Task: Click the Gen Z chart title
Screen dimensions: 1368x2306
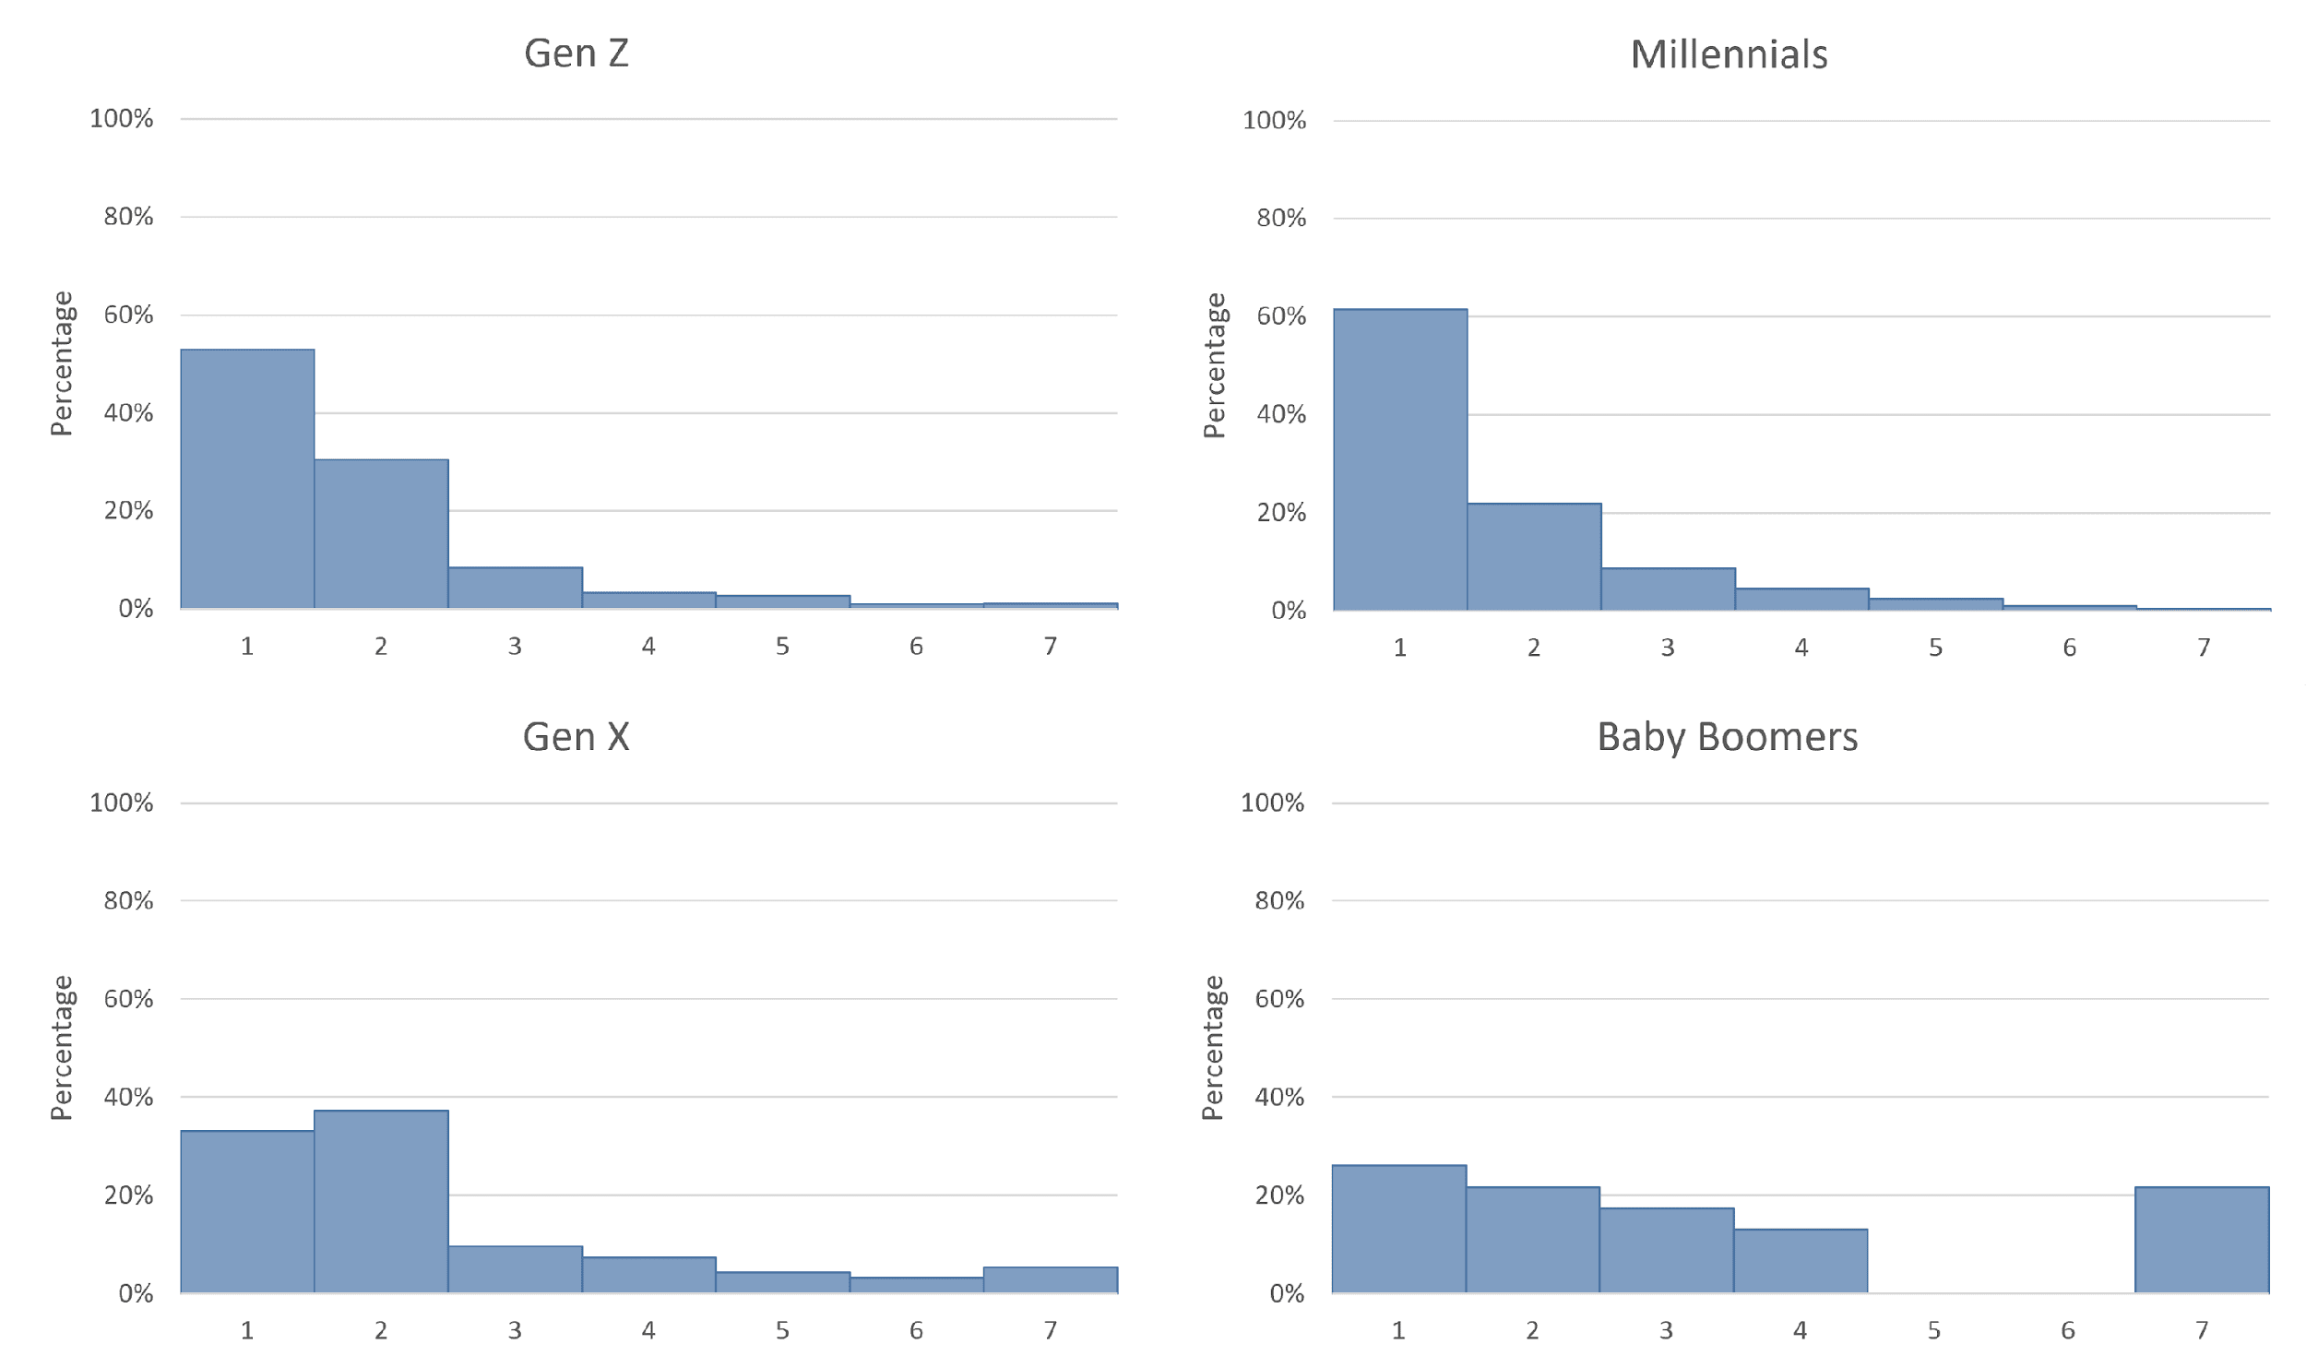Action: click(x=576, y=54)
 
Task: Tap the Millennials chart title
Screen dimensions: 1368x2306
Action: click(x=1729, y=54)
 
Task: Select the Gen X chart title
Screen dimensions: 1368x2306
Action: click(x=576, y=737)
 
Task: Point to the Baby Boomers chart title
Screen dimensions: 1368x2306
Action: click(x=1727, y=737)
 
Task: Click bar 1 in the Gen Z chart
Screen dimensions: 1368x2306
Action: click(x=247, y=480)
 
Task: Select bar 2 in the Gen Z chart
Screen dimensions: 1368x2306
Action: click(x=381, y=534)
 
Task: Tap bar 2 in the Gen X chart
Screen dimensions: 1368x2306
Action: click(x=381, y=1201)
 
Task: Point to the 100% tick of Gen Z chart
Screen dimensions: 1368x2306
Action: click(x=121, y=119)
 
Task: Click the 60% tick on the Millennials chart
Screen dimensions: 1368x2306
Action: click(x=1280, y=316)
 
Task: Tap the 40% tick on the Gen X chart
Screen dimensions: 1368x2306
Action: click(x=128, y=1097)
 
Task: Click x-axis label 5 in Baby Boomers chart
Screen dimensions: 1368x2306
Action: click(x=1933, y=1330)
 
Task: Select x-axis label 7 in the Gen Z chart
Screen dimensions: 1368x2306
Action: click(x=1050, y=646)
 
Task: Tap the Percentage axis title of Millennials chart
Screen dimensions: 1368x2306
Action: click(x=1214, y=365)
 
